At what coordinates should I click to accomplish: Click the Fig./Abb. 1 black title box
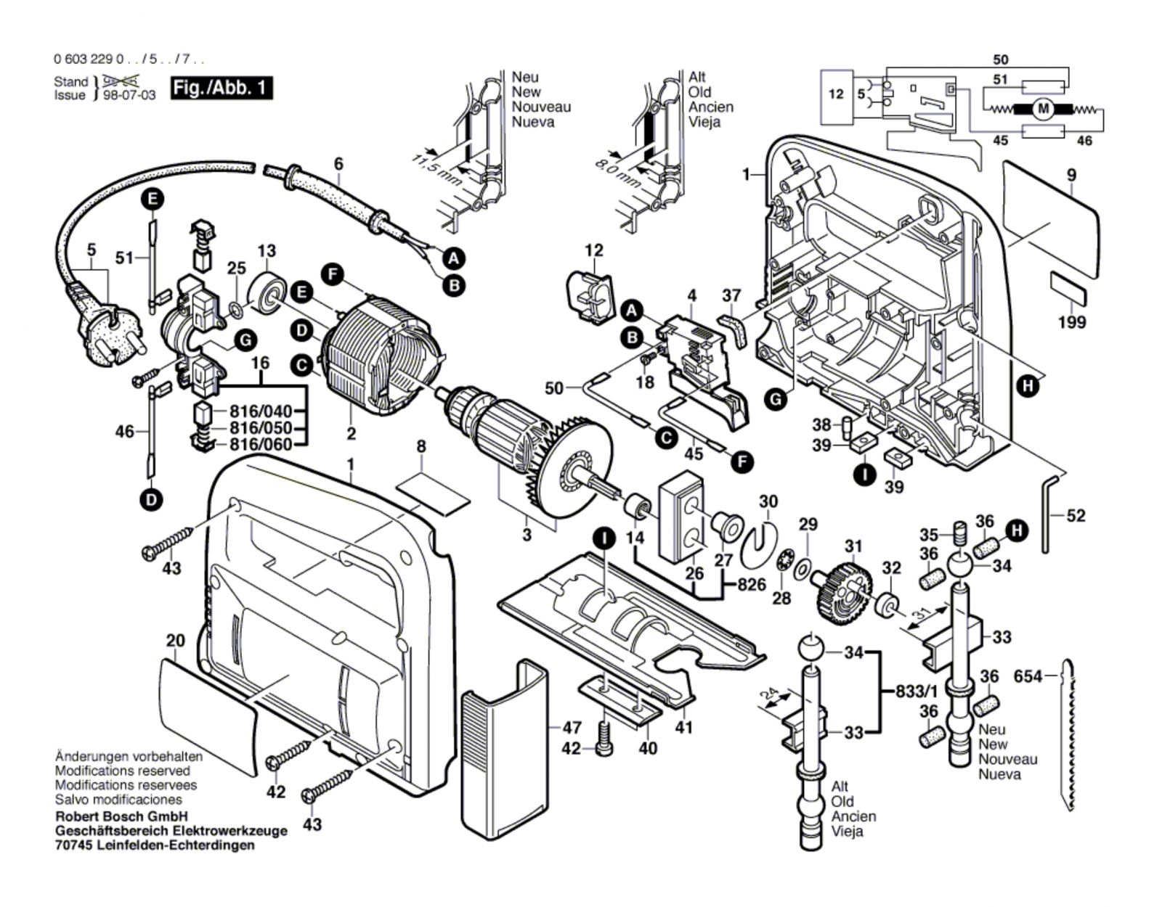click(222, 89)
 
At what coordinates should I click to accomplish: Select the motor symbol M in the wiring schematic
click(1044, 109)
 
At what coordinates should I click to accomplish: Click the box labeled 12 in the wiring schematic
click(836, 94)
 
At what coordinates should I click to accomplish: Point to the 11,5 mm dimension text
click(434, 168)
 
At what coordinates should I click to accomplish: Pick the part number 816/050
click(261, 428)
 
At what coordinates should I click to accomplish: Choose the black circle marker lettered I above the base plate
click(604, 538)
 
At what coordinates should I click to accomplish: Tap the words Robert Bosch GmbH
click(121, 816)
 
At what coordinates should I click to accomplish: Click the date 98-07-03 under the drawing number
click(129, 95)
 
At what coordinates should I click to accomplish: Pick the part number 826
click(750, 584)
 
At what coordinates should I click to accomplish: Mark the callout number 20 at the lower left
click(175, 641)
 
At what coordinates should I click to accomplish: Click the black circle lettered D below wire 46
click(153, 499)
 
